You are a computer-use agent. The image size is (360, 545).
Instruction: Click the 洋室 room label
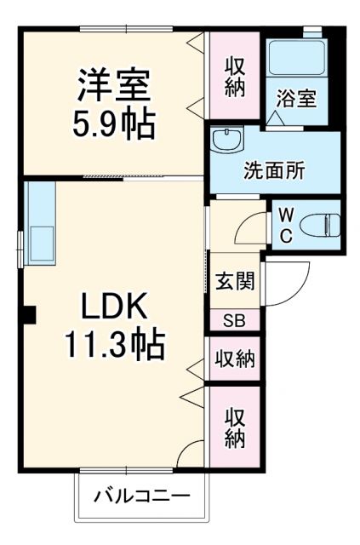tap(114, 86)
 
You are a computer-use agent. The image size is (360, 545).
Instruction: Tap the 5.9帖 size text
tap(114, 124)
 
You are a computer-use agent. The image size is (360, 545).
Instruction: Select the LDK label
tap(114, 306)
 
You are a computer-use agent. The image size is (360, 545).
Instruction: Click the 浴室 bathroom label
tap(295, 99)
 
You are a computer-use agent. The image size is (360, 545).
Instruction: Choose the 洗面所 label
tap(272, 169)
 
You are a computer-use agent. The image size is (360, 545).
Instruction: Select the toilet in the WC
tap(322, 224)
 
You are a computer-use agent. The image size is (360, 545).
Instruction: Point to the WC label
tap(285, 224)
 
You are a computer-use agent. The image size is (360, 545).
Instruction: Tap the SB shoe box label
tap(233, 321)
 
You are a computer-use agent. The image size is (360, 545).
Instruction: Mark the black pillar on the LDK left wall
tap(28, 314)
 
